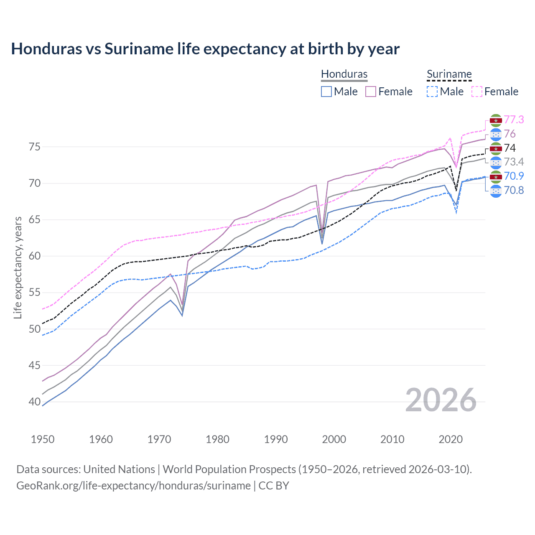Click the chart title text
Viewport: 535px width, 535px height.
coord(205,49)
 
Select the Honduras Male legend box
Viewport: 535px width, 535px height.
coord(326,92)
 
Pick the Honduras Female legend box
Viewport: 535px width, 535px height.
coord(371,92)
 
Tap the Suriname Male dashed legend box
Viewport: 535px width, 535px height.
coord(432,92)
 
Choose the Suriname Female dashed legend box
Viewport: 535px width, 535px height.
coord(477,92)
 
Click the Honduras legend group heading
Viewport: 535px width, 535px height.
coord(344,74)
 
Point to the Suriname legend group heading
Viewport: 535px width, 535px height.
coord(449,74)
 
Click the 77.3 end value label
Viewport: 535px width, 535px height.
coord(514,120)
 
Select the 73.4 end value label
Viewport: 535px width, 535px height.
coord(514,162)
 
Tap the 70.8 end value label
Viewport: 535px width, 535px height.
coord(514,191)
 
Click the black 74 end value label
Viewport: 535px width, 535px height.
coord(510,148)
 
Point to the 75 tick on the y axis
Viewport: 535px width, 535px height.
coord(34,147)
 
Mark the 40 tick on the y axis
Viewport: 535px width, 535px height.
coord(34,402)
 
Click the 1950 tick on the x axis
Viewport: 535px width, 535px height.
coord(43,439)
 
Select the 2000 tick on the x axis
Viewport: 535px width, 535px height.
coord(334,439)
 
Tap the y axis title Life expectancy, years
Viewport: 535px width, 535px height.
coord(18,267)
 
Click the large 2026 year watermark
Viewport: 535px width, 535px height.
coord(441,400)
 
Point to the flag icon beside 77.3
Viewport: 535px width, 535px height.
coord(496,120)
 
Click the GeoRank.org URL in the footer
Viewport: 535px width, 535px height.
coord(133,486)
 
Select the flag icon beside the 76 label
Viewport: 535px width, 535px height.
coord(496,134)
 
